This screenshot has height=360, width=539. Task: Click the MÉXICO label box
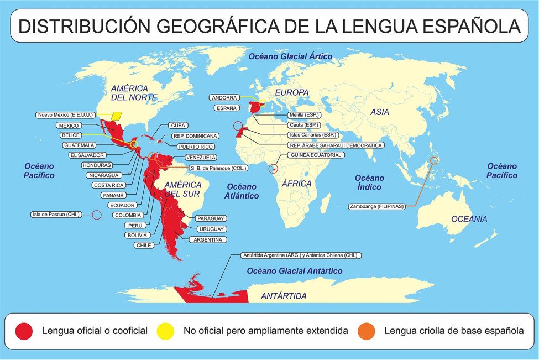(69, 126)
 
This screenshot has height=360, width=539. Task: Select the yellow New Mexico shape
(117, 116)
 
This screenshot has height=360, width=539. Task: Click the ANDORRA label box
(224, 98)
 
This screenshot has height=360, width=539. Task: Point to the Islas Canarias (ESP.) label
(312, 135)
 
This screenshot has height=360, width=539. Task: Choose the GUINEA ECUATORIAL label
(316, 155)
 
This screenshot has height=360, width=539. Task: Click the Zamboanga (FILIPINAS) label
(376, 207)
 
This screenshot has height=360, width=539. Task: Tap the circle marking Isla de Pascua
(96, 215)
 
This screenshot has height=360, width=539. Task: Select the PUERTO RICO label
(195, 147)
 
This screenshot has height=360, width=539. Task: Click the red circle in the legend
(24, 331)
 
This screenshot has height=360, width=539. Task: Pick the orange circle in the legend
(366, 331)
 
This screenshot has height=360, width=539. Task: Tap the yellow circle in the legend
(165, 331)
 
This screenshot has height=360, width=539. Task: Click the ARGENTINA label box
(208, 240)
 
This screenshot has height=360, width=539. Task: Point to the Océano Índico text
(369, 182)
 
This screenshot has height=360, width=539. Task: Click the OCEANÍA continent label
(469, 220)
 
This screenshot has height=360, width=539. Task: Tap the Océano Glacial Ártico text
(290, 56)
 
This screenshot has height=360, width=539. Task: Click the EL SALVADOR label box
(87, 155)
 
